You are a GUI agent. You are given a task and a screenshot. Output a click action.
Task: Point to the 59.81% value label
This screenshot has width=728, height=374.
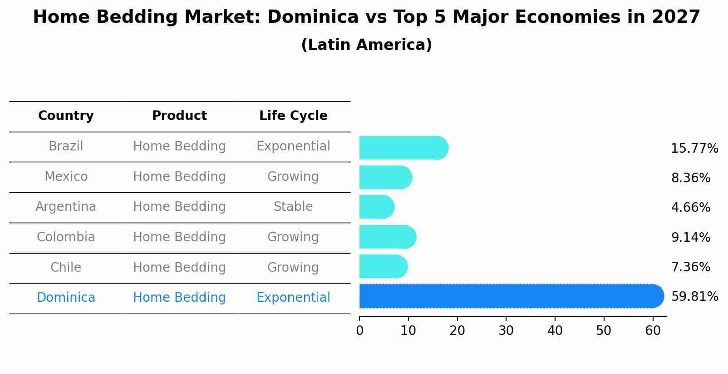coord(694,297)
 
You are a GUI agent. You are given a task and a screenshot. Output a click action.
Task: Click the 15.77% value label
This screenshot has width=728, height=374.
coord(694,149)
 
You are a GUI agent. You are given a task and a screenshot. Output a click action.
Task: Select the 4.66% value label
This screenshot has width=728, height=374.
coord(690,208)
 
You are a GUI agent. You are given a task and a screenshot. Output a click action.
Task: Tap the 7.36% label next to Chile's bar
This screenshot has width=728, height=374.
coord(690,267)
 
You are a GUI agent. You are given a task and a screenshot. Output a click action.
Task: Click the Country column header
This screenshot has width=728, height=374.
coord(66,116)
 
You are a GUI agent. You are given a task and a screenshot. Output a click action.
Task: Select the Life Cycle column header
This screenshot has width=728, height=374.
coord(293,116)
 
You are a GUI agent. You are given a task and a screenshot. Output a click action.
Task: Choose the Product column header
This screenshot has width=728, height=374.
coord(179,116)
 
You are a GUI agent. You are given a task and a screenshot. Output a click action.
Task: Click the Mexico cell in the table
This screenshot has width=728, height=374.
coord(66,176)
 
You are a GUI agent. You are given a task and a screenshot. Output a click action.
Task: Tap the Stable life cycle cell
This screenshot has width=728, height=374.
coord(293,207)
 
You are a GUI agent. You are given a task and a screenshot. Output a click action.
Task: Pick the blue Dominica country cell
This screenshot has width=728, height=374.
coord(66,298)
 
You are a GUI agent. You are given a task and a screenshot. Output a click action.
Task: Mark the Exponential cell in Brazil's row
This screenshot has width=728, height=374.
coord(293,146)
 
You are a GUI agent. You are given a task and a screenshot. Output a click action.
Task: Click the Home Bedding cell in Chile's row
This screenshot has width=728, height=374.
coord(179,267)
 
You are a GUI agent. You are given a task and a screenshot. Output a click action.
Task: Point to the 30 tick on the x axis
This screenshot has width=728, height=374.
coord(506,331)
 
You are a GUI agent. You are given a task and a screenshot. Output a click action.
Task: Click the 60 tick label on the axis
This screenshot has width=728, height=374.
coord(653,331)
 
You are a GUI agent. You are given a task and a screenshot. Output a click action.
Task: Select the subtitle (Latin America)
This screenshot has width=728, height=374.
coord(366,45)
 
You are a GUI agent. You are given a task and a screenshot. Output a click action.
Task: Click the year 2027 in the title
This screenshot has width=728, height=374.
coord(676,17)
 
